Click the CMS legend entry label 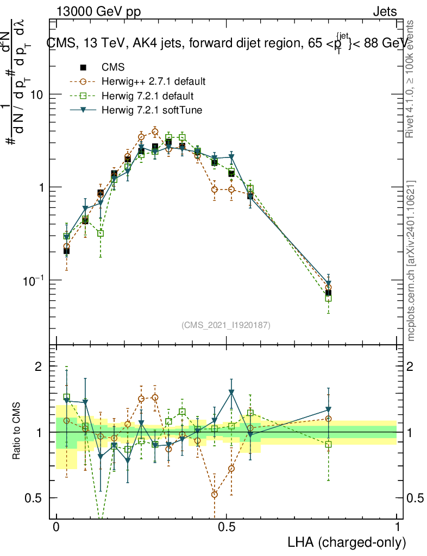[x=113, y=67]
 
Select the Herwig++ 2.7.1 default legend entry [x=153, y=82]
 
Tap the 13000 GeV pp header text [x=98, y=12]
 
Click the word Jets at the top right [x=385, y=12]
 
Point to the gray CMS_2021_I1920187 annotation [x=226, y=325]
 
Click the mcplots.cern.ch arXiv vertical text [x=412, y=261]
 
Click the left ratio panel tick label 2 [x=39, y=367]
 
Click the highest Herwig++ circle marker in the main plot [x=155, y=131]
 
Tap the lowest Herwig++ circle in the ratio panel [x=215, y=494]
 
